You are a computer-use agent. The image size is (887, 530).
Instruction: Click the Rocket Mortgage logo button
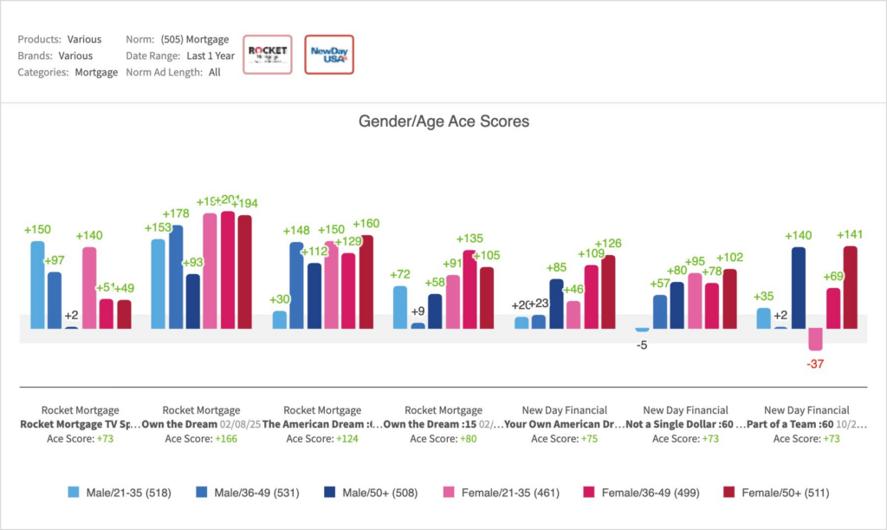pos(268,55)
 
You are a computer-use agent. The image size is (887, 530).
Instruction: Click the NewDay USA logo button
pos(329,55)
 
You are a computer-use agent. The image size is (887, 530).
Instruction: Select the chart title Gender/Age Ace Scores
pos(443,121)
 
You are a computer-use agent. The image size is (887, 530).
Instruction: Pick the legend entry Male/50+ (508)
pos(373,493)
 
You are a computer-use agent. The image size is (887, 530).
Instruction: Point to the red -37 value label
pos(815,364)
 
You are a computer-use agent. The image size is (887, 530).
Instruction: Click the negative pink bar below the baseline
pos(815,338)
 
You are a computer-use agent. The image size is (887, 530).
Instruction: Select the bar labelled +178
pos(176,277)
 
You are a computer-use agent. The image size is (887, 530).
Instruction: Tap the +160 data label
pos(366,224)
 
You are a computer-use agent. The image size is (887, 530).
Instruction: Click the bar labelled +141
pos(850,287)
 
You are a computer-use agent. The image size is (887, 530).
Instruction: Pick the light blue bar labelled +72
pos(400,307)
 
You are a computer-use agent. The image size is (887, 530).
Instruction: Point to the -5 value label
pos(642,344)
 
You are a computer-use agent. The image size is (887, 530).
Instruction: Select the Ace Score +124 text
pos(322,439)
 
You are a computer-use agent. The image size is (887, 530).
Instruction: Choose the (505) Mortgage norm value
pos(195,39)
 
